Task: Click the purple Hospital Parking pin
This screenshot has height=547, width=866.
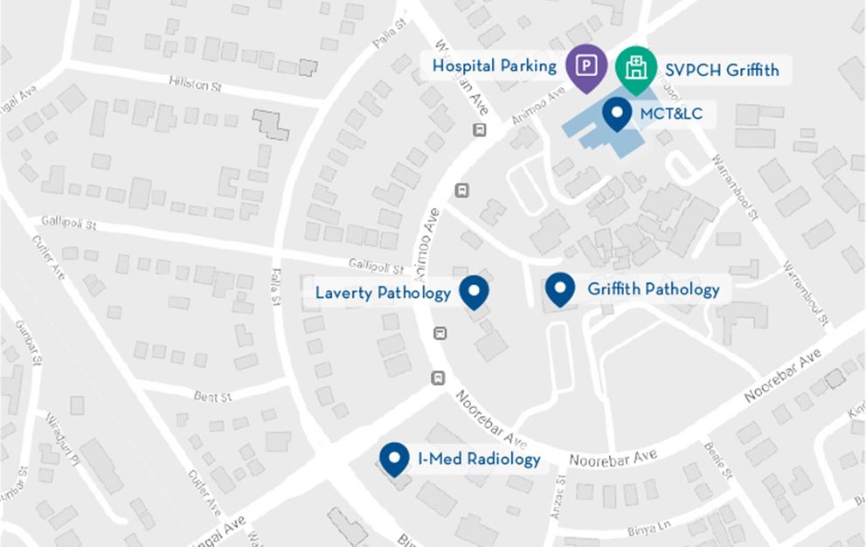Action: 586,66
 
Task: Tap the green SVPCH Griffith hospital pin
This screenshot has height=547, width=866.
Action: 635,66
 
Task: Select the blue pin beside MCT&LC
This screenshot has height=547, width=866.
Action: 618,112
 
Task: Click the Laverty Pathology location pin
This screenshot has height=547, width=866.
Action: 474,290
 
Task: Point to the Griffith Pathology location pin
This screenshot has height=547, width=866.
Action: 559,287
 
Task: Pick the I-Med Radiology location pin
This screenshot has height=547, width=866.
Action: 395,457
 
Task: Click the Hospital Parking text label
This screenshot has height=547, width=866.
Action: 495,66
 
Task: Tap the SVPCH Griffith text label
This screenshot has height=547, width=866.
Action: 722,68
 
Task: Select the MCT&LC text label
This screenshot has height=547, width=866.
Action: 671,114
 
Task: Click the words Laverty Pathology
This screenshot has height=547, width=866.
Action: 383,293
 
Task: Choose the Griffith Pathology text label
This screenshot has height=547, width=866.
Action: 654,289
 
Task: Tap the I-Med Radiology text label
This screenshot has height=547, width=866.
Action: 479,459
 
